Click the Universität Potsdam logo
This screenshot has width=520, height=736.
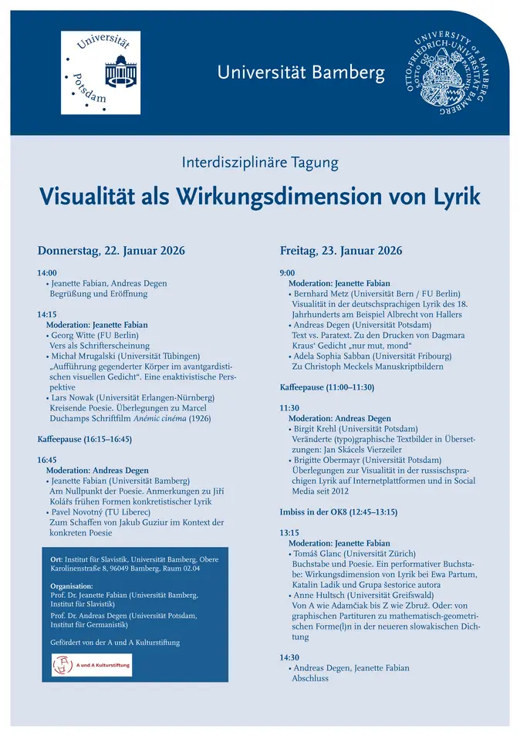(100, 73)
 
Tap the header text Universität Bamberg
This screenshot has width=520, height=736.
(301, 73)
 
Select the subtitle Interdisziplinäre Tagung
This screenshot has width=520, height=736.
(260, 163)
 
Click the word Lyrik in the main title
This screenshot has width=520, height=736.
(451, 196)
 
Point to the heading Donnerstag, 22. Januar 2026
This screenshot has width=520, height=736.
(111, 251)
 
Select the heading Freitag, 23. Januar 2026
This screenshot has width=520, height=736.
(340, 251)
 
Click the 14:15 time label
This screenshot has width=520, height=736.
(47, 315)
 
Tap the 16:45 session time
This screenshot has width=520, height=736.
(47, 460)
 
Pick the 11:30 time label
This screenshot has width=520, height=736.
(289, 407)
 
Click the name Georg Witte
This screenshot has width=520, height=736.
(73, 336)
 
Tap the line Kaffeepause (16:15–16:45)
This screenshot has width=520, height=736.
(85, 439)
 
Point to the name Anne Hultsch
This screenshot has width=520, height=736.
(319, 595)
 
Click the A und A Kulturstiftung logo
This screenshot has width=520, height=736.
(91, 664)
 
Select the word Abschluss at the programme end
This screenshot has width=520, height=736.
(310, 678)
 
